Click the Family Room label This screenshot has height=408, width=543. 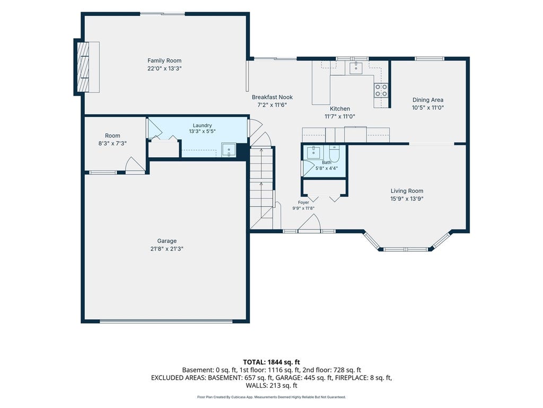164,61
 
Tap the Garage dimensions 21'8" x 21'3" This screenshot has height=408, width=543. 167,249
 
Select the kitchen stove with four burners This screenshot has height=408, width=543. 381,90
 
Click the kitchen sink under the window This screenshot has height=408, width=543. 356,68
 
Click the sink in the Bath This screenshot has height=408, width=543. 314,152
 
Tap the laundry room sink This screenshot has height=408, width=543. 229,150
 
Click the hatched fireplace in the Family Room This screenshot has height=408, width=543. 82,67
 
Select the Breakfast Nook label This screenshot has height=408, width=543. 272,98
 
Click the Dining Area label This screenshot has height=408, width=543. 428,100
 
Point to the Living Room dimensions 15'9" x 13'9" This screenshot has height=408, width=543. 407,199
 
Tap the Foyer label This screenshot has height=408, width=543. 303,202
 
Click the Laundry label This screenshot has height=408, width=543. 202,125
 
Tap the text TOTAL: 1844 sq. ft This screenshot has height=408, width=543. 271,362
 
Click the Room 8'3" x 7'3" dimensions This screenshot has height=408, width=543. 112,143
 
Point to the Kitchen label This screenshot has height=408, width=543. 340,109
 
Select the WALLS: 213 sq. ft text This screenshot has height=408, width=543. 271,386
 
